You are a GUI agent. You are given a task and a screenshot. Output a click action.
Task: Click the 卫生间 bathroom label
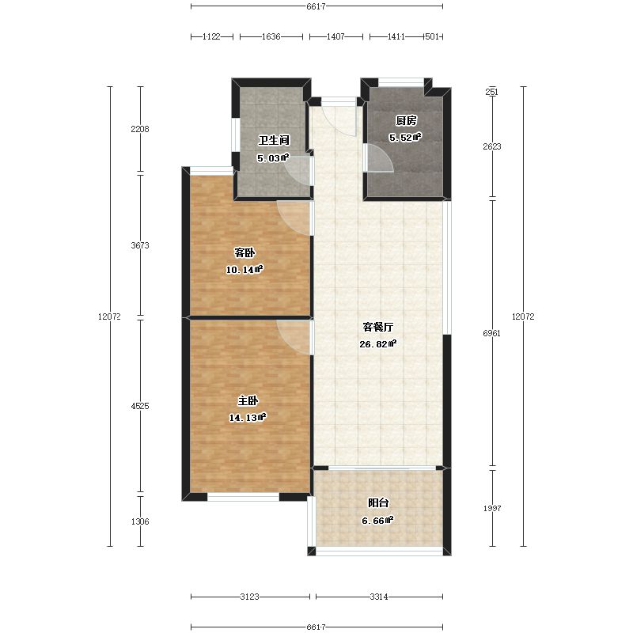click(274, 141)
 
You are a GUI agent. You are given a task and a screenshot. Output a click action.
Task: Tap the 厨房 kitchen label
click(406, 120)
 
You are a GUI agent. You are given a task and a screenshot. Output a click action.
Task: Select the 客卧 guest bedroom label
click(244, 252)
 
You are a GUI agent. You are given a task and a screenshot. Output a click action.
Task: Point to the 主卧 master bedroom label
click(248, 401)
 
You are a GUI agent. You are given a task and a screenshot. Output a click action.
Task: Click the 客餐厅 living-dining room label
click(378, 327)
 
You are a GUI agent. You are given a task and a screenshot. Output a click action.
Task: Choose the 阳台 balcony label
click(378, 503)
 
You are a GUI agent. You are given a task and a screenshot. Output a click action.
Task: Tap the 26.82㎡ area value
click(378, 344)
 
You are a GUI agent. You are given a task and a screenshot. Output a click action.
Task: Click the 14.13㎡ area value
click(248, 418)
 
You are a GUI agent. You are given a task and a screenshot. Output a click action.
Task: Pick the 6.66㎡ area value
click(377, 521)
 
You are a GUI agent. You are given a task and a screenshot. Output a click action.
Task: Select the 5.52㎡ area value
click(405, 137)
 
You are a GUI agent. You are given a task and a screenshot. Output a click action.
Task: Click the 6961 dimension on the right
click(491, 333)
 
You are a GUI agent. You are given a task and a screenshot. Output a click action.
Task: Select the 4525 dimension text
click(140, 406)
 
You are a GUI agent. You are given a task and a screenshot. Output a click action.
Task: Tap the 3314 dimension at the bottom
click(379, 597)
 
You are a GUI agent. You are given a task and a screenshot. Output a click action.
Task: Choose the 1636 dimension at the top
click(271, 36)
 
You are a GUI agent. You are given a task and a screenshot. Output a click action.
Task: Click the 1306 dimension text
click(140, 521)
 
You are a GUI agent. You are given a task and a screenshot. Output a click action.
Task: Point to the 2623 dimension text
click(491, 146)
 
